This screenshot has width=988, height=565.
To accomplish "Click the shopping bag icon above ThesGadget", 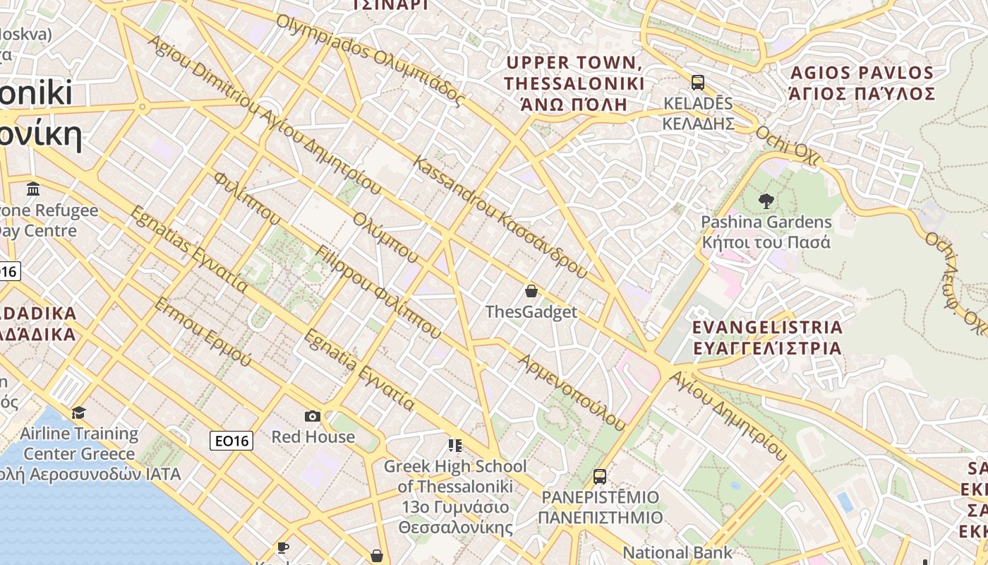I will coord(531,290).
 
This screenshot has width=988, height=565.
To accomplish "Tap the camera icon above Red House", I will coord(312,416).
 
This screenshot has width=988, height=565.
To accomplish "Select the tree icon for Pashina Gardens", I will coord(766,201).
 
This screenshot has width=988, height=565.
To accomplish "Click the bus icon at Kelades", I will coord(698,83).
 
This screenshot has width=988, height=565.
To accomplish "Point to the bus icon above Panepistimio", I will coord(600,477).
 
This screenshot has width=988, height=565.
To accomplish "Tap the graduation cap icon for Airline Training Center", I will coord(78,412).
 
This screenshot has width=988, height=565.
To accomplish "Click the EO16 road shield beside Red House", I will coord(231,441).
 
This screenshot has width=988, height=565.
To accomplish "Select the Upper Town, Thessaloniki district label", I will coord(574,83).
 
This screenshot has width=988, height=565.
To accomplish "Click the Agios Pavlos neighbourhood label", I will coord(862,83).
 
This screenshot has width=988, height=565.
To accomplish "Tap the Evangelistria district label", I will coord(767,338).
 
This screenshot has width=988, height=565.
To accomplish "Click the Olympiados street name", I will coord(370,60).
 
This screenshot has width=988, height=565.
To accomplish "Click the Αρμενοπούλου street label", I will coord(572,392).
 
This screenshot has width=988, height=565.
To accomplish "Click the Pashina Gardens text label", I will coord(766,232).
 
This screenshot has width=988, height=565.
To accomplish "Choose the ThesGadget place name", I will coord(531,312).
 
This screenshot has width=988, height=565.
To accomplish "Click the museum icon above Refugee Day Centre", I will coord(33,189).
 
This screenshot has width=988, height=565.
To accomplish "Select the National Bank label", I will coord(677,552).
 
